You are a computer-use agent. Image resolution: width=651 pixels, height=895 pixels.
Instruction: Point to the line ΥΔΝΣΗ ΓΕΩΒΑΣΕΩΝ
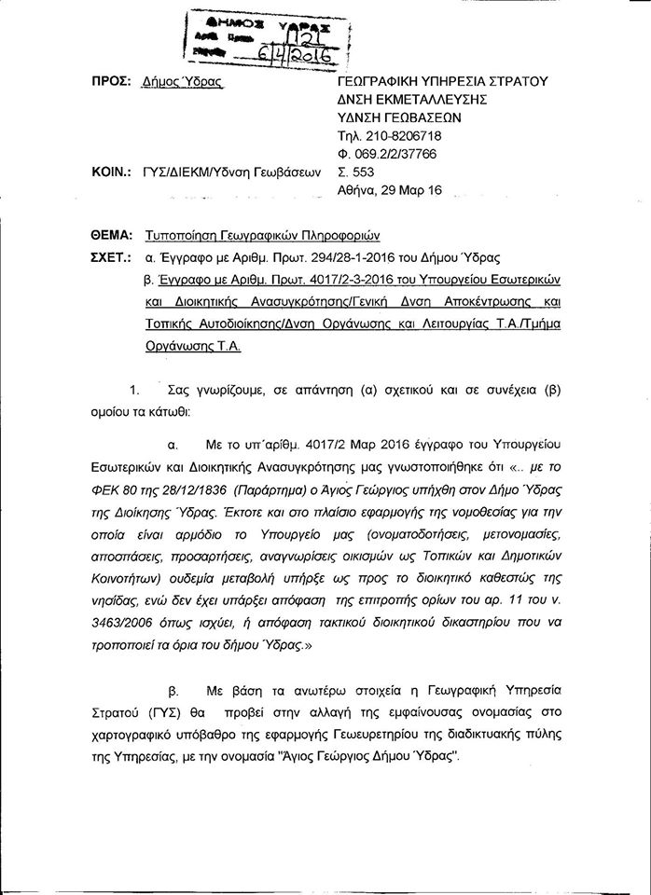click(x=401, y=118)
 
